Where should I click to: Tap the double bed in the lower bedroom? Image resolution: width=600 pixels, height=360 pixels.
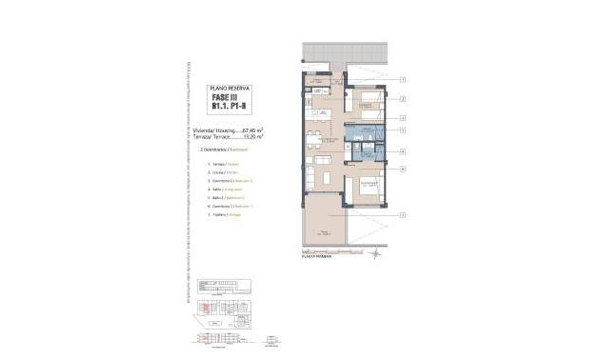(364, 188)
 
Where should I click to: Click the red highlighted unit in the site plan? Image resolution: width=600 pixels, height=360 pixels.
(204, 306)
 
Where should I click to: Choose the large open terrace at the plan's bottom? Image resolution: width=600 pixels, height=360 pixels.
(329, 229)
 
